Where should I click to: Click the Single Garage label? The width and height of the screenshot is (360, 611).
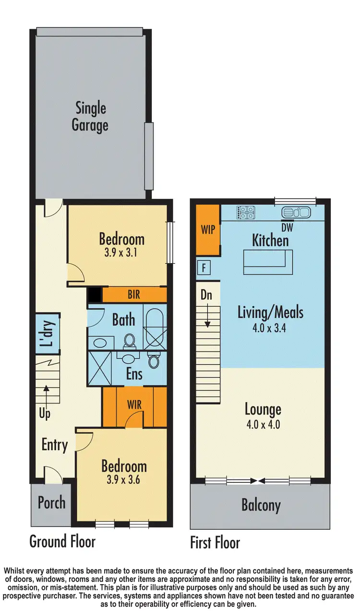[x=90, y=117]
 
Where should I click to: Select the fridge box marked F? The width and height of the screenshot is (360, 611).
[x=204, y=268]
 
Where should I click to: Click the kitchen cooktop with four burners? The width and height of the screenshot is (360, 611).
[x=246, y=212]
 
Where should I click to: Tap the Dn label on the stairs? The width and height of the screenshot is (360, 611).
[x=206, y=295]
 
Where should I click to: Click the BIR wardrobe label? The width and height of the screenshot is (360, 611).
[x=134, y=294]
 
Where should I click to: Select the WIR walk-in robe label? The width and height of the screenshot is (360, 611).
[x=134, y=404]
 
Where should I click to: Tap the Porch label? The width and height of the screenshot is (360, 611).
[x=51, y=503]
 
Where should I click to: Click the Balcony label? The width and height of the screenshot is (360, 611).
[x=261, y=505]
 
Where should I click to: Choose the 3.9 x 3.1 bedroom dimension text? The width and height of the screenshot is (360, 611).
[x=121, y=252]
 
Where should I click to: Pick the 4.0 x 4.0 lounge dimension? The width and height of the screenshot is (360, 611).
[x=262, y=425]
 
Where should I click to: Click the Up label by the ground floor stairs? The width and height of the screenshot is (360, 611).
[x=44, y=413]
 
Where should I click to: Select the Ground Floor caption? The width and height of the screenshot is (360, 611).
[x=62, y=541]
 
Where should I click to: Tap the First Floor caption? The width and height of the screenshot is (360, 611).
[x=215, y=543]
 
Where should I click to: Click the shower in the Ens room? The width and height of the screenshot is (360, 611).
[x=101, y=369]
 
